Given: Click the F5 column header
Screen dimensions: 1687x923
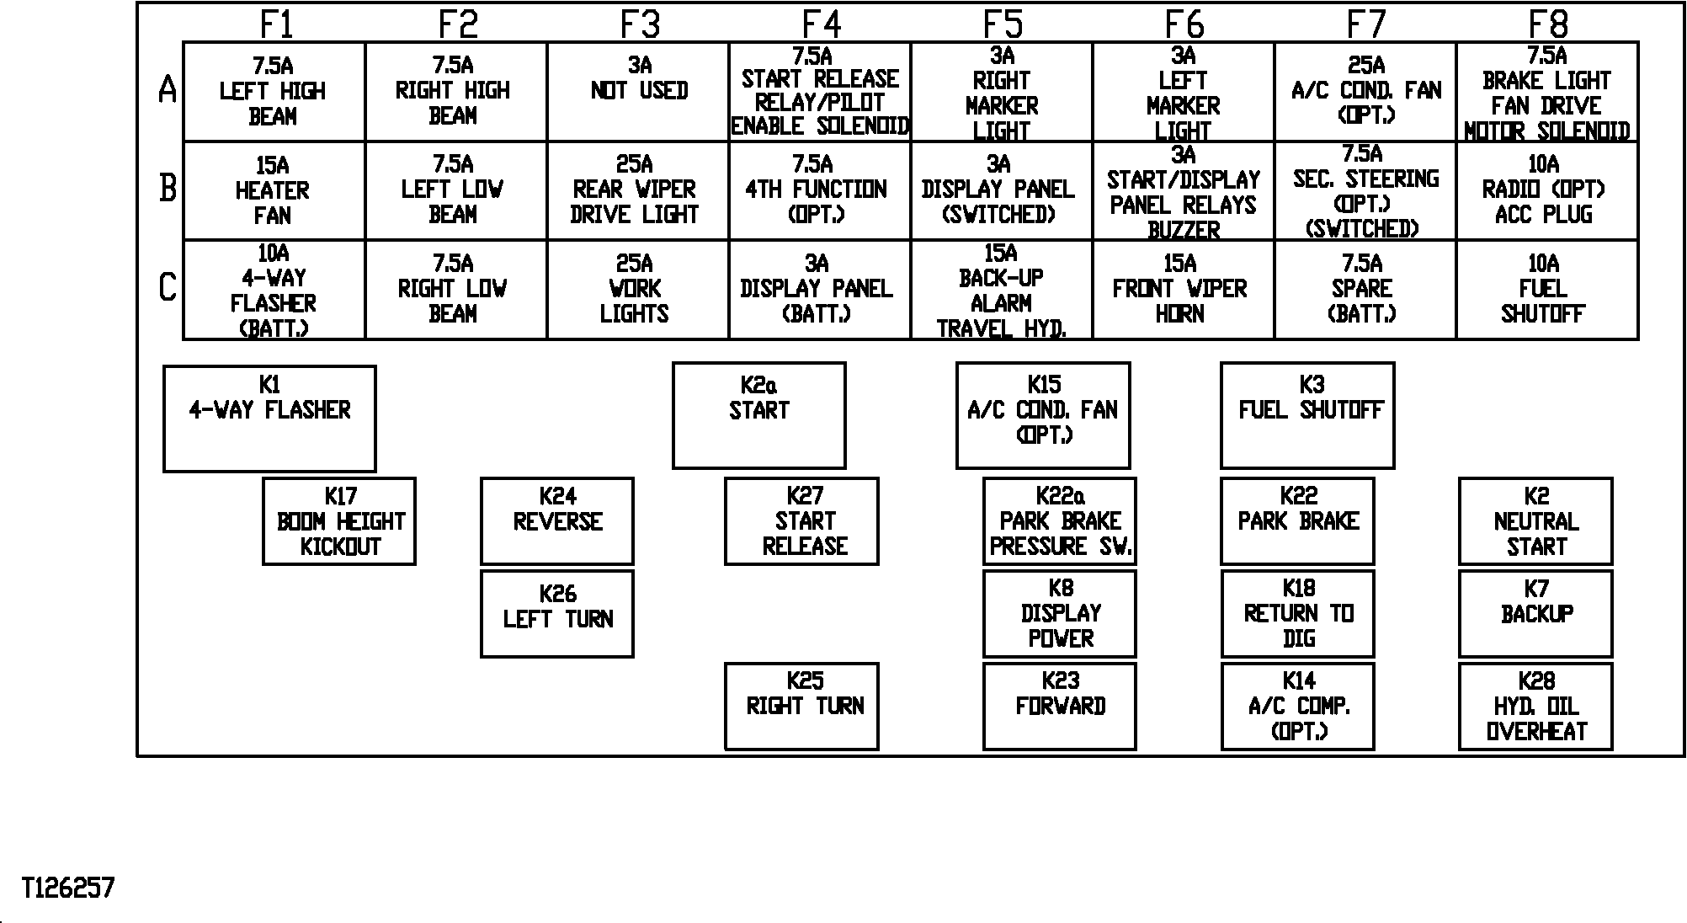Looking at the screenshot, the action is pos(1003,24).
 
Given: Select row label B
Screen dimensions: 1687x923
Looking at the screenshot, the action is pos(168,188).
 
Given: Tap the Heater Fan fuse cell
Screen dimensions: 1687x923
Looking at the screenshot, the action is pos(274,190).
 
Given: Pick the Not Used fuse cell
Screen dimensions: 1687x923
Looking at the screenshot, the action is pos(638,92).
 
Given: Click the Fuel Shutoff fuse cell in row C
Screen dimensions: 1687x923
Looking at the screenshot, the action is pos(1547,290).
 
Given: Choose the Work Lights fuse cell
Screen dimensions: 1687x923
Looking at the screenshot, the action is pos(638,290).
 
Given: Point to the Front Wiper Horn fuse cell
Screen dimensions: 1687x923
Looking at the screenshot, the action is pos(1184,290).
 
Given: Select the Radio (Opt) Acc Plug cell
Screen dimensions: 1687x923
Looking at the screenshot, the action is pos(1547,190).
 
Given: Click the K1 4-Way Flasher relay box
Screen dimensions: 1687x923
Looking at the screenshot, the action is pos(269,419).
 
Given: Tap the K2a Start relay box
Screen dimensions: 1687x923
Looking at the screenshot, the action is pos(759,415).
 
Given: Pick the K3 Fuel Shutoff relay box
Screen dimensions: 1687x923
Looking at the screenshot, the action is pos(1307,415).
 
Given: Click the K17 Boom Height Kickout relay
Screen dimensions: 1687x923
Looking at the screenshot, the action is pos(339,521).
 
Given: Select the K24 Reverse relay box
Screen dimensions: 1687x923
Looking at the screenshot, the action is pos(557,521).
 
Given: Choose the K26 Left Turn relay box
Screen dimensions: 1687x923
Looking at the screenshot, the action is pos(557,614).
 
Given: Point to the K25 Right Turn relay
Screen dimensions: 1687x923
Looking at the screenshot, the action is pos(801,707).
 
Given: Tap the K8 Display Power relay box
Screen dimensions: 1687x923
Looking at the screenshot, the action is pos(1060,614).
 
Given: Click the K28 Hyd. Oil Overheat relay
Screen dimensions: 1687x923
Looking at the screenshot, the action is pos(1535,707).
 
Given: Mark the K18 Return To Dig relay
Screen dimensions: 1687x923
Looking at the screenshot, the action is pos(1298,614).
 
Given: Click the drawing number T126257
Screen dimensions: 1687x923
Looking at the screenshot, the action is pos(68,888).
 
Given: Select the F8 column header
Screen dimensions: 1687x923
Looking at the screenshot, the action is pos(1548,24).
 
